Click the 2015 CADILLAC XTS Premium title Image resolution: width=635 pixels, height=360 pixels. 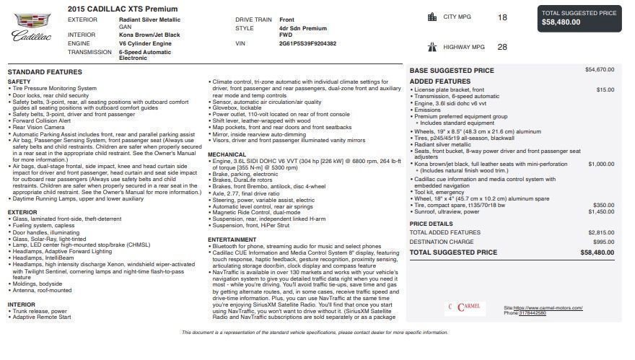[122, 9]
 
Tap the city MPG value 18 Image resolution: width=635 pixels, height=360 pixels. [502, 17]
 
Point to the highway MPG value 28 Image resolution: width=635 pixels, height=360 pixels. [502, 47]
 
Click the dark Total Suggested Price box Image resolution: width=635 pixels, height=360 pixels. [579, 18]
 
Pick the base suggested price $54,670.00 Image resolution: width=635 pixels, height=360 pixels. [600, 70]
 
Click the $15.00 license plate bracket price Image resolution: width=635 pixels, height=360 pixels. [605, 89]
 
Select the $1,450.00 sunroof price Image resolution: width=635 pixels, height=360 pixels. [601, 212]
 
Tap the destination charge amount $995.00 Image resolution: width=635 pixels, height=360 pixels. [603, 242]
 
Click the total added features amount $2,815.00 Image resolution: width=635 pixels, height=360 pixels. [601, 232]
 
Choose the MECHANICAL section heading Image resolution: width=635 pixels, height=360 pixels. [227, 154]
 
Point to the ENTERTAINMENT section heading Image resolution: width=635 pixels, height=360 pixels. [232, 240]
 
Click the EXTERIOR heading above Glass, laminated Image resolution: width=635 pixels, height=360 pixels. [22, 212]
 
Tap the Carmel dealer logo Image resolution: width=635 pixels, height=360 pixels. [466, 307]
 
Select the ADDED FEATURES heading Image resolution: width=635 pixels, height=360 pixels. [439, 82]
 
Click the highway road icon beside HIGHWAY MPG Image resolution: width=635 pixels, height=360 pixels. [432, 47]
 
